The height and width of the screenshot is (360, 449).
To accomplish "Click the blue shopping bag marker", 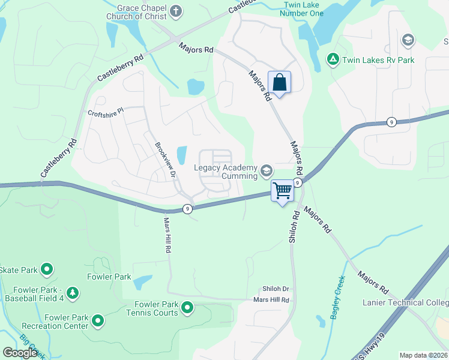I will [279, 82].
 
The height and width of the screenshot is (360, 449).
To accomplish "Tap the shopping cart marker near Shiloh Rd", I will [282, 191].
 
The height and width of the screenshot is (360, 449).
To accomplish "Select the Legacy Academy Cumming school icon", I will [265, 172].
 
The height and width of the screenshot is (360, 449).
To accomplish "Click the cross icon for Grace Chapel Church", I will [175, 11].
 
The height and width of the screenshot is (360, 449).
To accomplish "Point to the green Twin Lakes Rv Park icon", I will [332, 59].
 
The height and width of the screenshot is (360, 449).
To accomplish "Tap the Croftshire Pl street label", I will [105, 113].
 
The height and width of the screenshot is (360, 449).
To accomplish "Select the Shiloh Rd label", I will [294, 226].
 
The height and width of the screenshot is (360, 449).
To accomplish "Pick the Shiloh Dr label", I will [276, 289].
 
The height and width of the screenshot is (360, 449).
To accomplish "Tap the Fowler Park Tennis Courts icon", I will [187, 308].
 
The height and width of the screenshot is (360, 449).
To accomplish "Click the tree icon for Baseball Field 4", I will [73, 293].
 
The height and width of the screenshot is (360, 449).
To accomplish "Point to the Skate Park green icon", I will [46, 270].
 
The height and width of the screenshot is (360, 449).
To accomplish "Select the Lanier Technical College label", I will [405, 302].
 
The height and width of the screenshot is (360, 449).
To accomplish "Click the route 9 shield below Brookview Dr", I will [188, 209].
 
